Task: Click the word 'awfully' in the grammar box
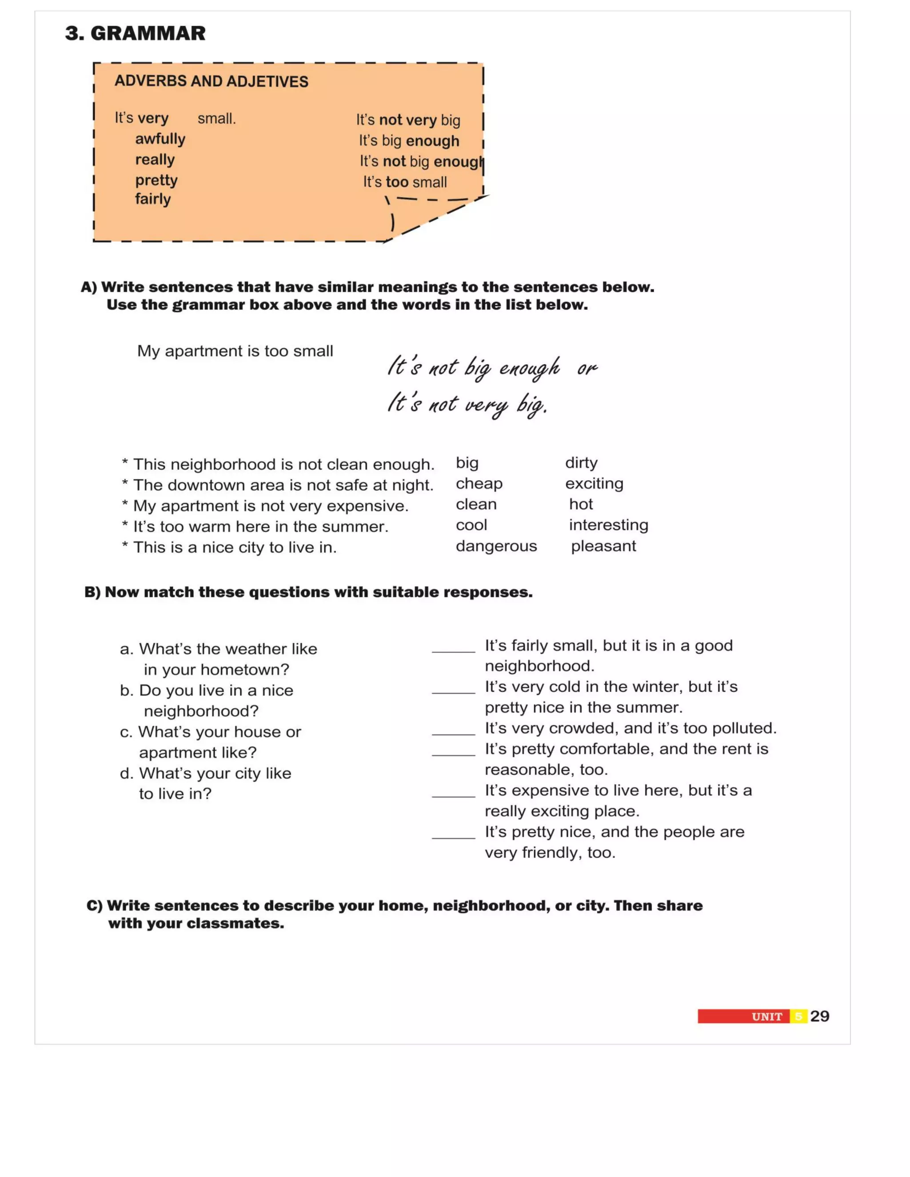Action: pyautogui.click(x=160, y=139)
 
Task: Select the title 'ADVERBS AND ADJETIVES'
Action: pyautogui.click(x=212, y=81)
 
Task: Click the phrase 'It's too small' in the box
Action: pyautogui.click(x=405, y=182)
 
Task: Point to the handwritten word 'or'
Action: pyautogui.click(x=587, y=369)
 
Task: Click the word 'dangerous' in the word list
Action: pyautogui.click(x=496, y=546)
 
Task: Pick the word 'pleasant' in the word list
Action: pyautogui.click(x=603, y=546)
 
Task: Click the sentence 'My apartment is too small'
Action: pyautogui.click(x=235, y=351)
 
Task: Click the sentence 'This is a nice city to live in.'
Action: pyautogui.click(x=235, y=548)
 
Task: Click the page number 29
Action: pyautogui.click(x=819, y=1016)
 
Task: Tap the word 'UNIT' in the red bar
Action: pyautogui.click(x=766, y=1017)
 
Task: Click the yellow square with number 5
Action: pyautogui.click(x=798, y=1016)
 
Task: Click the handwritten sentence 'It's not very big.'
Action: pyautogui.click(x=467, y=404)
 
